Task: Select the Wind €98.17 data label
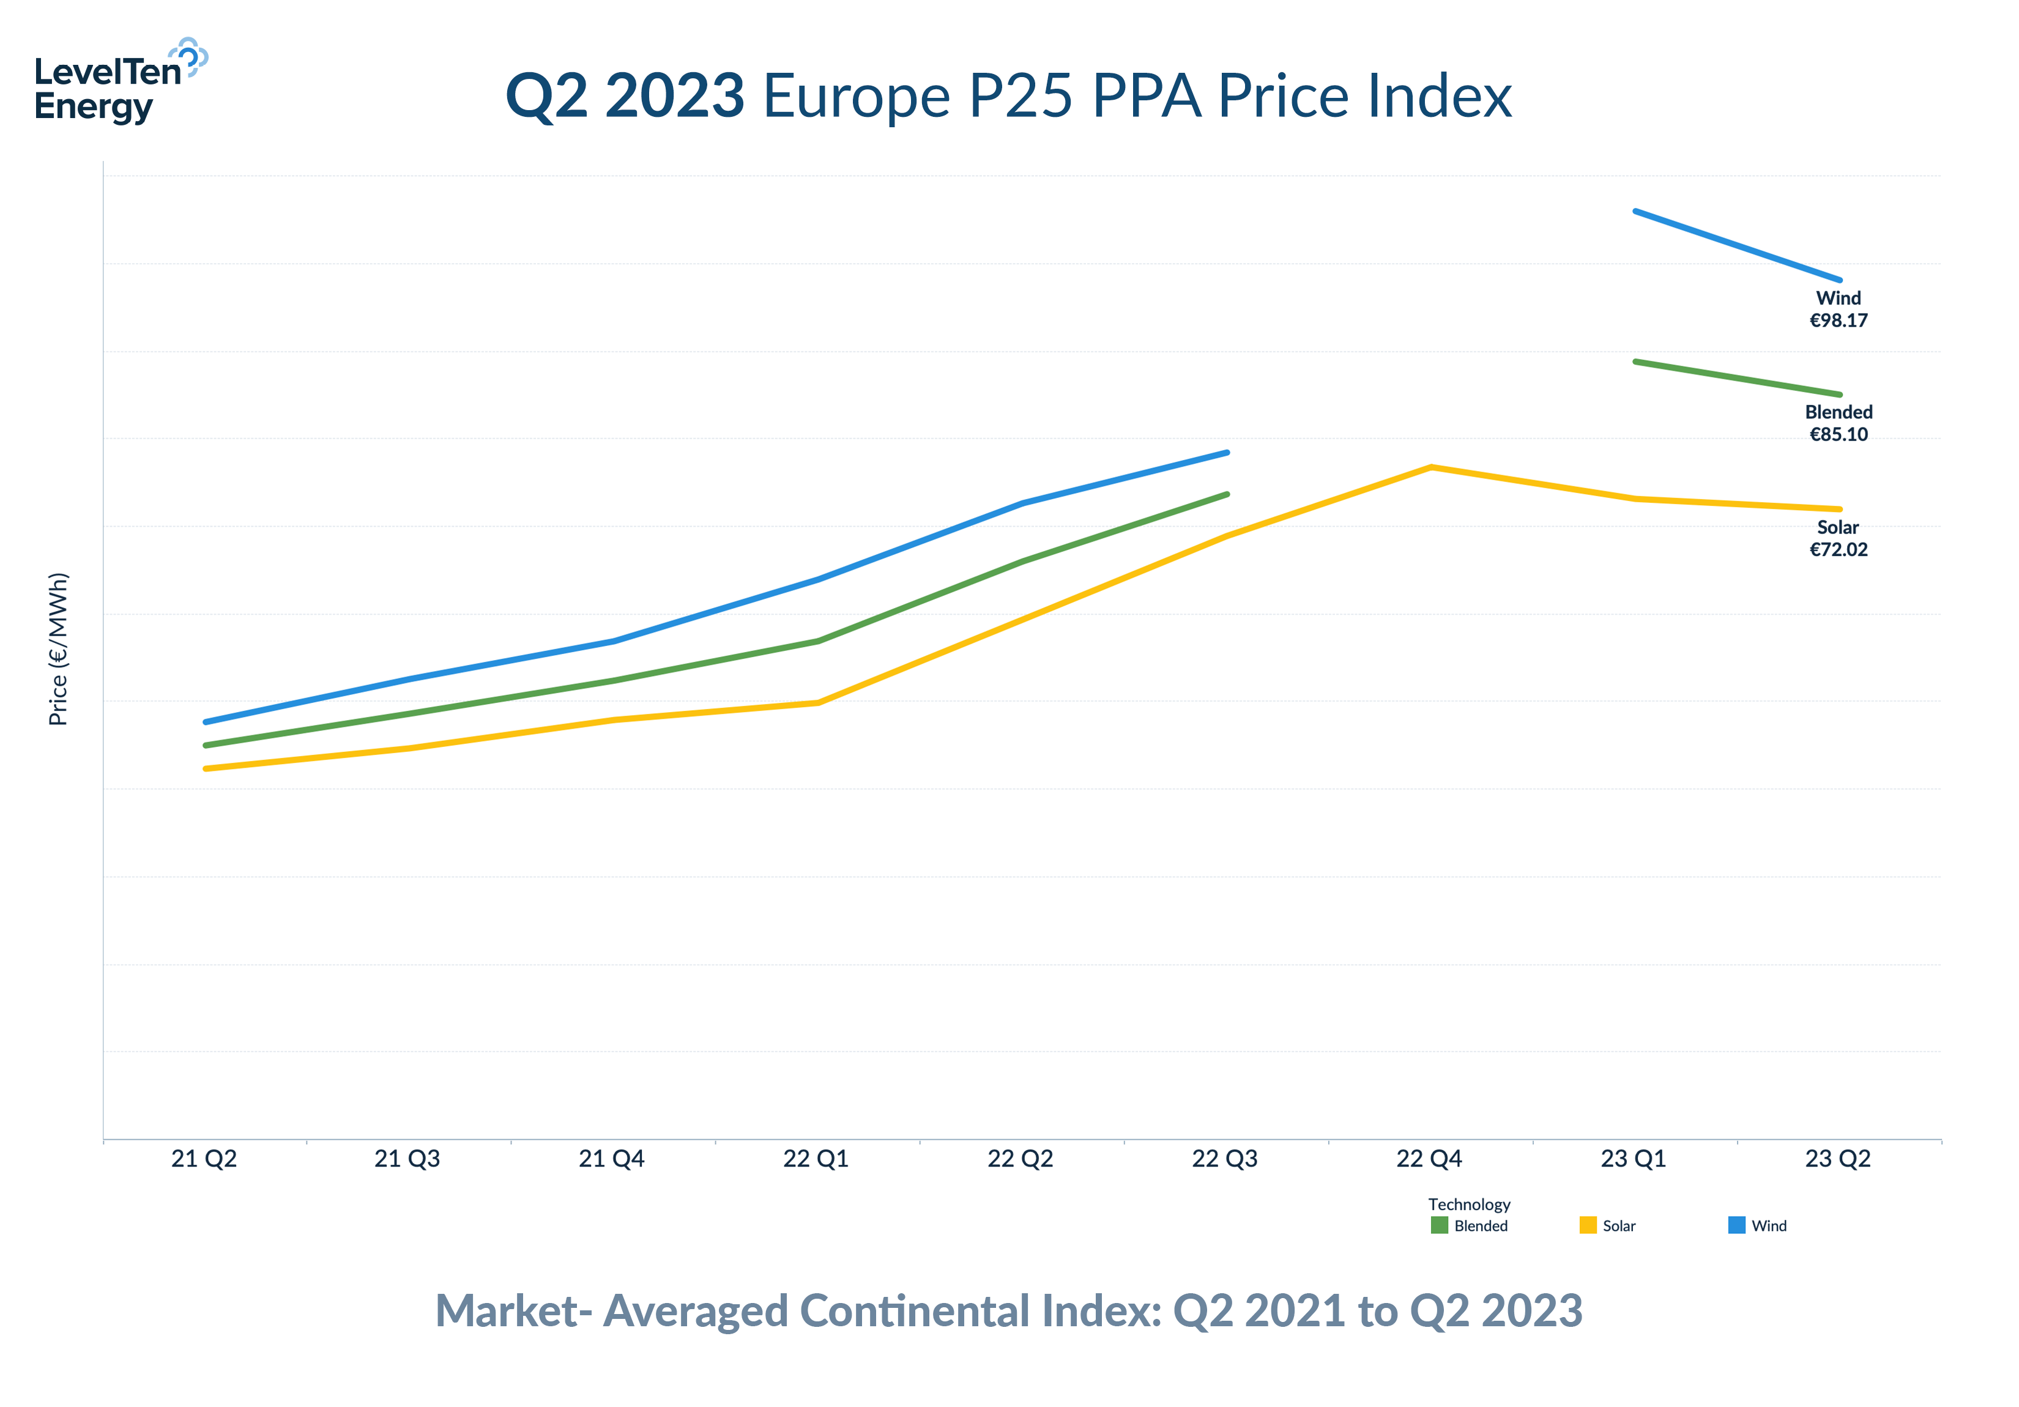pyautogui.click(x=1838, y=309)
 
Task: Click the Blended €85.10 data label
pyautogui.click(x=1838, y=423)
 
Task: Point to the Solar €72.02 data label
pyautogui.click(x=1838, y=538)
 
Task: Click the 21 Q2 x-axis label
pyautogui.click(x=204, y=1159)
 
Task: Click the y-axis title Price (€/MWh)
pyautogui.click(x=58, y=649)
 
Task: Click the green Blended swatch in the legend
pyautogui.click(x=1438, y=1225)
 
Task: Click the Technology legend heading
pyautogui.click(x=1468, y=1204)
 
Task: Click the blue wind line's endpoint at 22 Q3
pyautogui.click(x=1227, y=453)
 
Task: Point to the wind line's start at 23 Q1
pyautogui.click(x=1635, y=212)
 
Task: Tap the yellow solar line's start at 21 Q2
pyautogui.click(x=206, y=768)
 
